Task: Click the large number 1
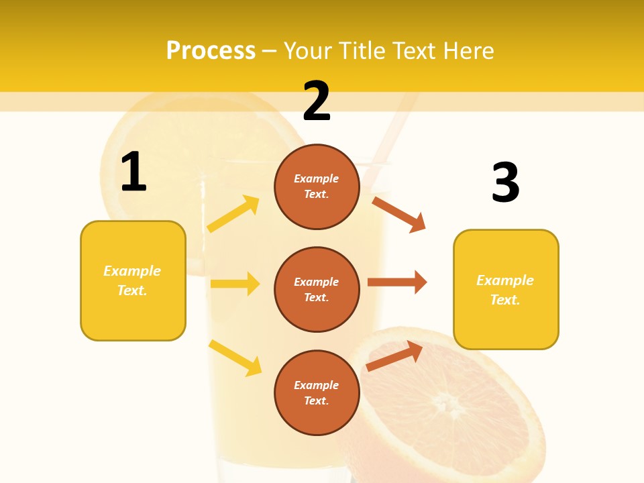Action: [133, 172]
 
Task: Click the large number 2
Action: [317, 101]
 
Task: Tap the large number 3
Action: [506, 182]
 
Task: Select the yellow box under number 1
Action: [133, 280]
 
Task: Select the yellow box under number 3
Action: [506, 290]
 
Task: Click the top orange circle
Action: [317, 186]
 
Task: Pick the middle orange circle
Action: [317, 290]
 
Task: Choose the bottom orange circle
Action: [317, 393]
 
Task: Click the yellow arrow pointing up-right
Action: [233, 214]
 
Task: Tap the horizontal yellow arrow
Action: [235, 284]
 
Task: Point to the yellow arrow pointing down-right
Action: [235, 358]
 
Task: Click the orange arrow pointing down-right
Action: [399, 215]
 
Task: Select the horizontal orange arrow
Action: [397, 282]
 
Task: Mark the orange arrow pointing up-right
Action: [394, 356]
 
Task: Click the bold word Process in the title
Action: [211, 50]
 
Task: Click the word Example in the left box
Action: [132, 271]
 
